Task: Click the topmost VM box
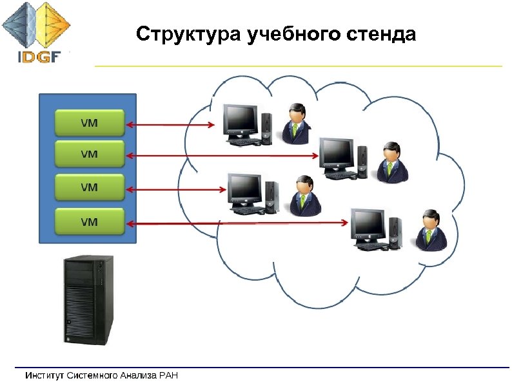(x=89, y=122)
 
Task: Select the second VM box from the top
(x=89, y=154)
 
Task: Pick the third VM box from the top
(x=89, y=188)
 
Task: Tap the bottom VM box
(x=89, y=221)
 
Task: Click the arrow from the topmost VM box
(x=171, y=125)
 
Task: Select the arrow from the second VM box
(x=223, y=156)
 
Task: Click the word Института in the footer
(x=45, y=375)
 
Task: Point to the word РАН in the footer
(x=168, y=375)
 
